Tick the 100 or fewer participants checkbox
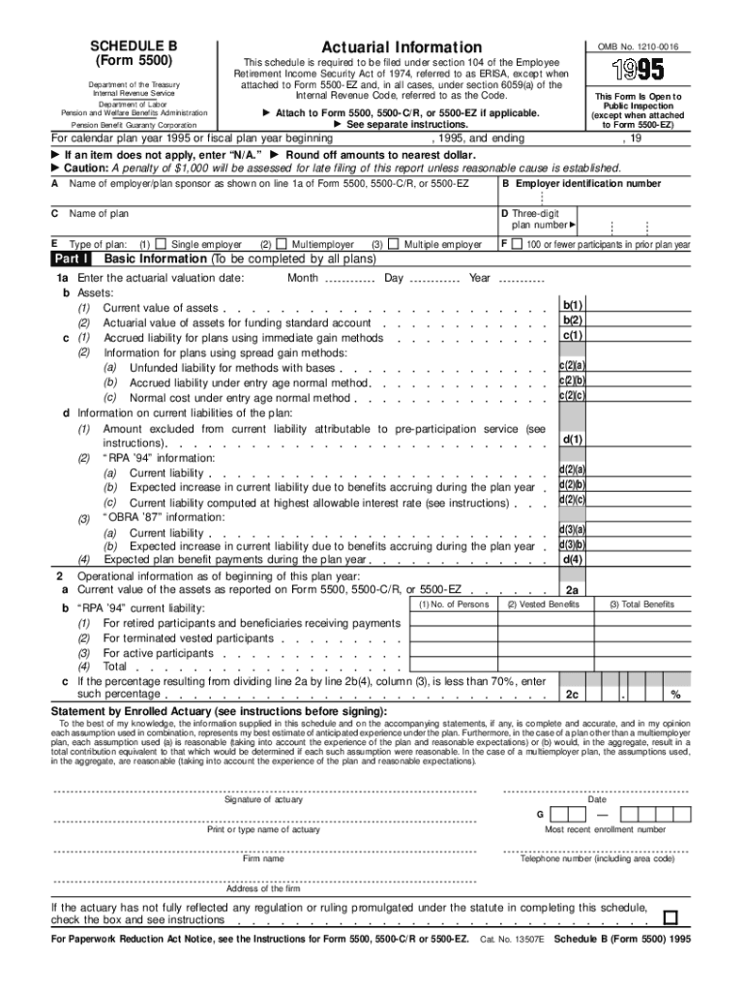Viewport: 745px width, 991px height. (518, 245)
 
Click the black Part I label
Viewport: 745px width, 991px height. (73, 259)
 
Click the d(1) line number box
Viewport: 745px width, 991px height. (573, 439)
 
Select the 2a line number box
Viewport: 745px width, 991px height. (573, 589)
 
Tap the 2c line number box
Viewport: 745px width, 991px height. (573, 694)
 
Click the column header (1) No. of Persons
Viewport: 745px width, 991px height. (453, 605)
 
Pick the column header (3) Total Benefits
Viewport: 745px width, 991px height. (641, 605)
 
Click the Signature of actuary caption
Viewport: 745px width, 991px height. (263, 799)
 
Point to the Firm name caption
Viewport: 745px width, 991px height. (263, 858)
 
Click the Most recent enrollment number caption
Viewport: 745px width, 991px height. (605, 829)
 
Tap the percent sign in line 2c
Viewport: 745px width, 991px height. (675, 695)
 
